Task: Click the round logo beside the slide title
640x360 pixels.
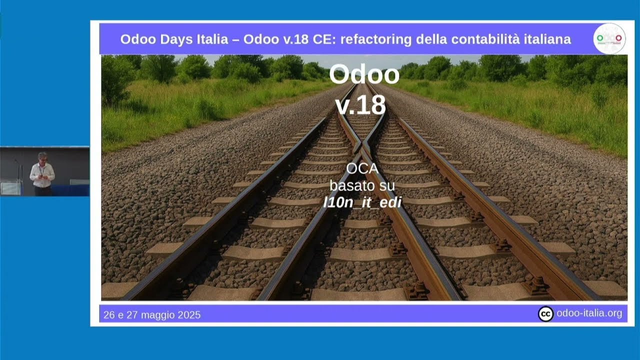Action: (x=609, y=38)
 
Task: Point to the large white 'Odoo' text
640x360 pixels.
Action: (x=364, y=74)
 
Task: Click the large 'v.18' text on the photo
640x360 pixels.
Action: (x=360, y=105)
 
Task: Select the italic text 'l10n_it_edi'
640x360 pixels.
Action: (x=362, y=202)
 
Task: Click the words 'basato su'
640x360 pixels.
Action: (x=362, y=186)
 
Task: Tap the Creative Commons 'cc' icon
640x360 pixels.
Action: (x=545, y=314)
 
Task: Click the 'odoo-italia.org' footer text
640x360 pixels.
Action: (x=589, y=314)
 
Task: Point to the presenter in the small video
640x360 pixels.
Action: (x=42, y=174)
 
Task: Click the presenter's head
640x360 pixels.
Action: (x=42, y=156)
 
